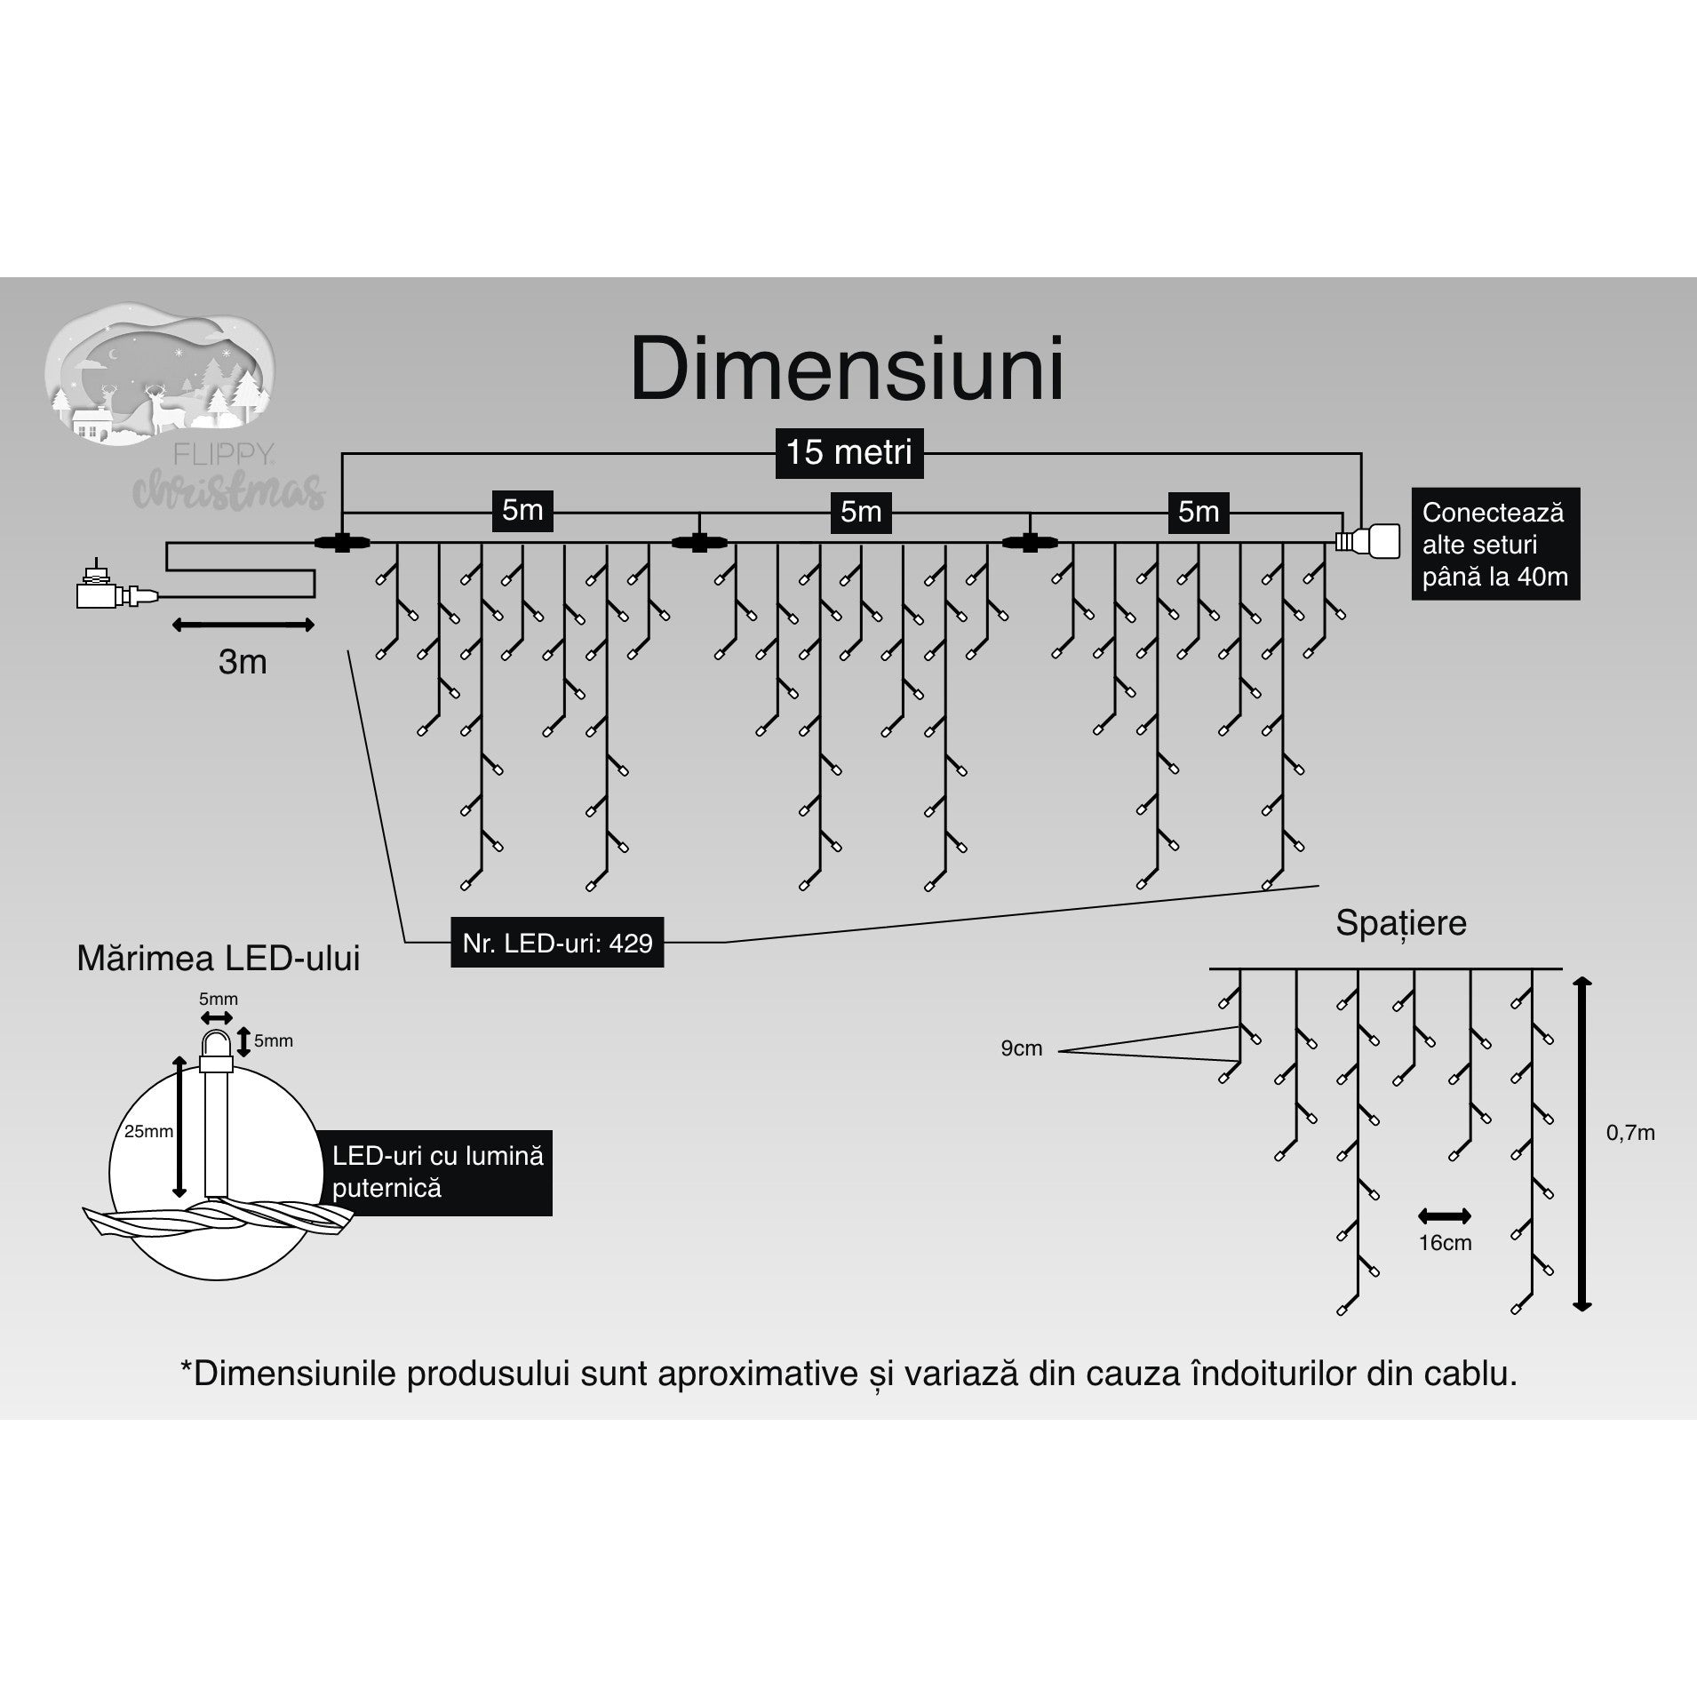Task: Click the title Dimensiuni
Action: pyautogui.click(x=847, y=370)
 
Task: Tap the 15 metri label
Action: pyautogui.click(x=848, y=453)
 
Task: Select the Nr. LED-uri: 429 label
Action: pyautogui.click(x=557, y=943)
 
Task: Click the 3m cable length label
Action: pyautogui.click(x=243, y=662)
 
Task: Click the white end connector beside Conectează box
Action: pyautogui.click(x=1368, y=540)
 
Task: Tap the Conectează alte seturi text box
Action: pyautogui.click(x=1494, y=544)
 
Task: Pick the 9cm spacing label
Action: pyautogui.click(x=1021, y=1048)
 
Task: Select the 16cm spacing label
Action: pyautogui.click(x=1445, y=1243)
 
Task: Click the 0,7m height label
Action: pyautogui.click(x=1630, y=1133)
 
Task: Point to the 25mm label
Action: pyautogui.click(x=148, y=1132)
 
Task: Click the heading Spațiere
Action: pyautogui.click(x=1400, y=923)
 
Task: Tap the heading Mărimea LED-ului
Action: pyautogui.click(x=219, y=959)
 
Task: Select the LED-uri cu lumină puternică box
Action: pyautogui.click(x=437, y=1172)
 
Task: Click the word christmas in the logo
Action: pyautogui.click(x=229, y=491)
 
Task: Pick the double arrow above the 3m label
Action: pyautogui.click(x=243, y=625)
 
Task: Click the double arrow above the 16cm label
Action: pyautogui.click(x=1445, y=1216)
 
